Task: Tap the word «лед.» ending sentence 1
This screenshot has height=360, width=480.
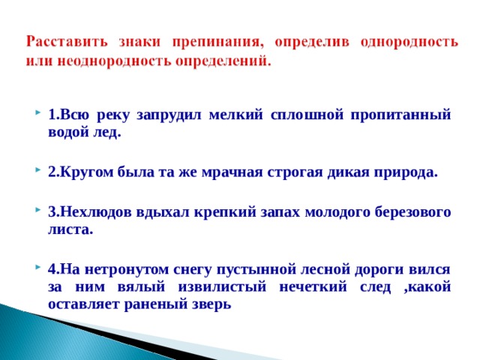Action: click(106, 133)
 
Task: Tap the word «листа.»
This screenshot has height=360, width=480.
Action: click(70, 229)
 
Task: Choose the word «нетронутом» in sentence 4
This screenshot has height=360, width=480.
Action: click(119, 268)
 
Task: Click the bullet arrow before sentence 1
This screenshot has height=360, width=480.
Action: click(37, 115)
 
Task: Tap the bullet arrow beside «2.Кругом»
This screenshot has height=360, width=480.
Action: click(37, 172)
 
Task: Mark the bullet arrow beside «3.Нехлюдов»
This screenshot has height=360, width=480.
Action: click(37, 211)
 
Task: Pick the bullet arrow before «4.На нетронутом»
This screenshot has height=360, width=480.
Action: click(37, 269)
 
